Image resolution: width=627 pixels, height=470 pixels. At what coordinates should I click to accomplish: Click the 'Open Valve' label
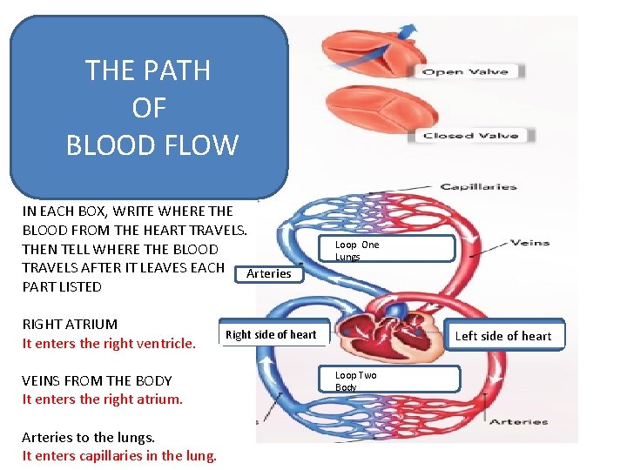(x=465, y=71)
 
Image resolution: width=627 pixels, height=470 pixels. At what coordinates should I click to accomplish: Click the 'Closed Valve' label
(x=471, y=135)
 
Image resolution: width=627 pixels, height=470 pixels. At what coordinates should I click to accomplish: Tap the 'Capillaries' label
(x=477, y=186)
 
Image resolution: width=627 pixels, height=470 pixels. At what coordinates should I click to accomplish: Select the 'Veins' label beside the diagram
(x=529, y=243)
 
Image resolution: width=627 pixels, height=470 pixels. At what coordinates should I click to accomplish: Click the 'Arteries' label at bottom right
(x=518, y=422)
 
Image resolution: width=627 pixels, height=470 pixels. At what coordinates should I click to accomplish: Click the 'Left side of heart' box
(x=502, y=336)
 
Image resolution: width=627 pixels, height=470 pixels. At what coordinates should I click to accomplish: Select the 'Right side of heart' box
(x=271, y=334)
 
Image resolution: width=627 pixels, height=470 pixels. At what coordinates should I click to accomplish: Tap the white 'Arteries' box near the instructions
(x=268, y=273)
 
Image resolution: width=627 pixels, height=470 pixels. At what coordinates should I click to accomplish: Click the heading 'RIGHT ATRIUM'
(x=70, y=324)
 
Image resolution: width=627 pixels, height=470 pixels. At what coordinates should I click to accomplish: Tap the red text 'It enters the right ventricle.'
(x=109, y=343)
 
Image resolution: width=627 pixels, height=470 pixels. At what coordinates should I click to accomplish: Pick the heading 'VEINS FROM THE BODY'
(x=97, y=380)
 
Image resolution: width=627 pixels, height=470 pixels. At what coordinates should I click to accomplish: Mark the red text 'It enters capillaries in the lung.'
(x=119, y=455)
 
